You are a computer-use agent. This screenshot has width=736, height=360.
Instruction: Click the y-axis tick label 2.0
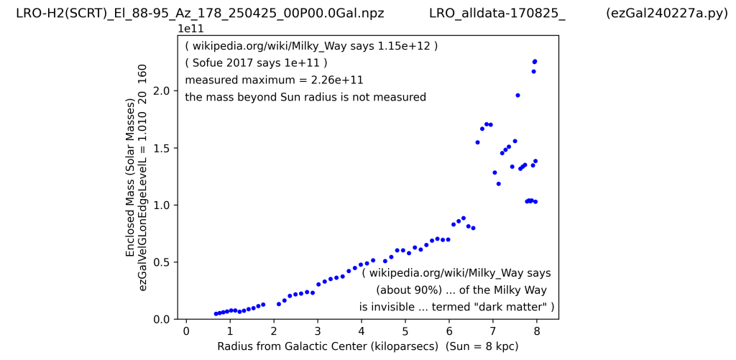[x=162, y=91]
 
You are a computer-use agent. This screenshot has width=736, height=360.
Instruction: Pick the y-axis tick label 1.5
[x=162, y=148]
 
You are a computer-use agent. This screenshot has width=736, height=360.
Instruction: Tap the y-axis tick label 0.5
[x=162, y=262]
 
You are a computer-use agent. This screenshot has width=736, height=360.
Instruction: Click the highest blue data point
[x=535, y=61]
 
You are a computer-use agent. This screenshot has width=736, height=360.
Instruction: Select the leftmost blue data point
[x=216, y=313]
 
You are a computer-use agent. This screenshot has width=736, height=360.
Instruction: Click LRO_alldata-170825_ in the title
[x=497, y=13]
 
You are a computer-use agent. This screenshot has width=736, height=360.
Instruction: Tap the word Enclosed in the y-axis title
[x=130, y=235]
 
